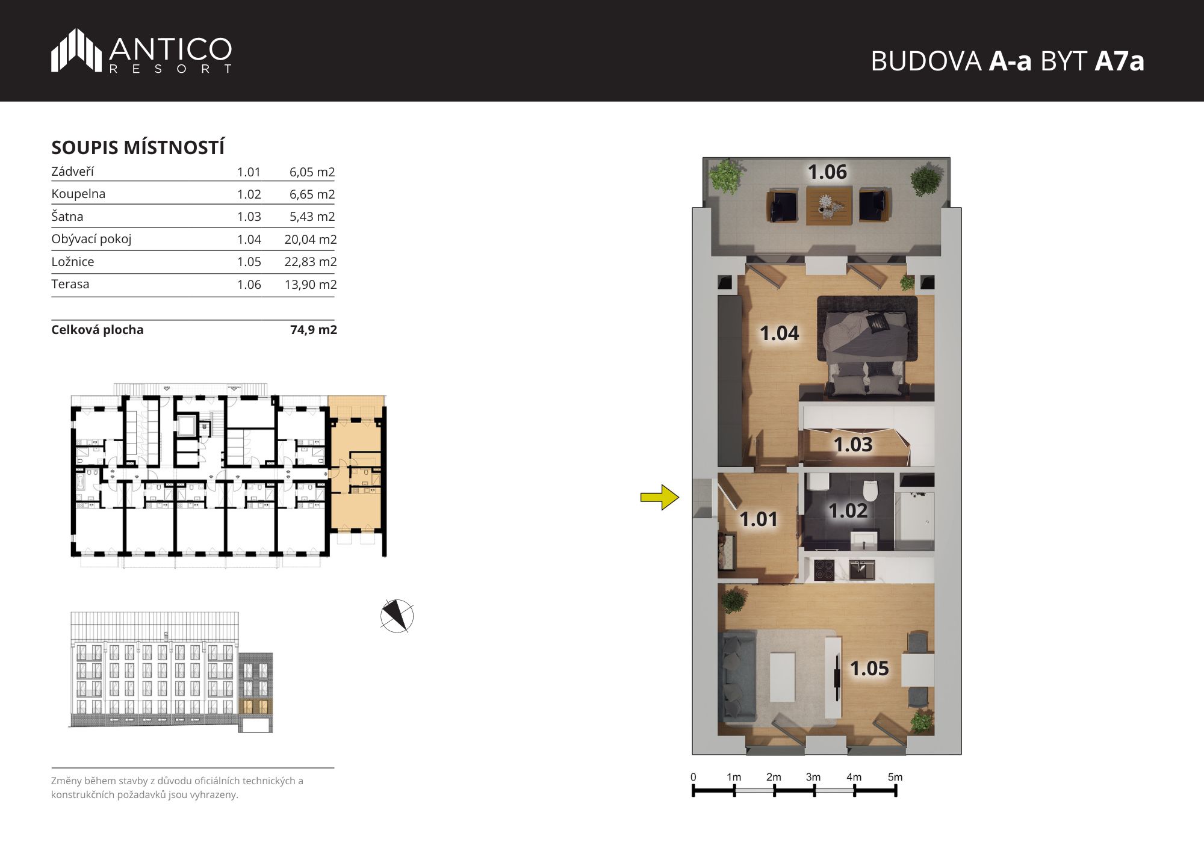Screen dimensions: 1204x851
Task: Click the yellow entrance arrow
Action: (660, 497)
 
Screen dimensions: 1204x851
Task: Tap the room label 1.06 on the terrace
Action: (827, 172)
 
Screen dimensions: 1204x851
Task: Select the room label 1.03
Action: (852, 444)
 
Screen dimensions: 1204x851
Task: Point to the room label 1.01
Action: (759, 519)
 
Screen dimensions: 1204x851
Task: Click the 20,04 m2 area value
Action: (311, 239)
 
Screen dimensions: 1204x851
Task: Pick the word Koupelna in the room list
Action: (78, 194)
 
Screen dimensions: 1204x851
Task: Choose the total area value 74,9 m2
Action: (314, 330)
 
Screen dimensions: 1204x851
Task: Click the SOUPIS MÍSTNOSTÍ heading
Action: (138, 147)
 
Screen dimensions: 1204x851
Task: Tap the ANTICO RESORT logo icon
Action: (76, 51)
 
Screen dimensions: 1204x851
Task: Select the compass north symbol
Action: (397, 616)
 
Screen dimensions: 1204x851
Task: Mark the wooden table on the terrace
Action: (829, 205)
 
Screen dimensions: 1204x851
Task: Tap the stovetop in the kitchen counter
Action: (823, 569)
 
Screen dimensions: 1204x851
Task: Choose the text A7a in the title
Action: (1119, 61)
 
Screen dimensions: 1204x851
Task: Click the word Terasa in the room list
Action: (70, 284)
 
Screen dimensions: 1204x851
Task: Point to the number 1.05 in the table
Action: (249, 262)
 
